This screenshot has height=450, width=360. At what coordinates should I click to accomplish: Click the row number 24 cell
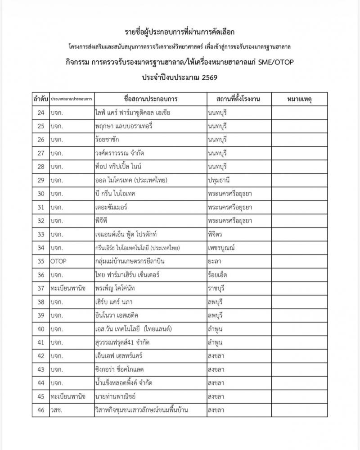click(40, 112)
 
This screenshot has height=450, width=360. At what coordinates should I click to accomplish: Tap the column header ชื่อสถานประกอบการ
click(150, 99)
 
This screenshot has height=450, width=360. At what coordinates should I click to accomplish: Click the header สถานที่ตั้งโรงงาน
click(238, 99)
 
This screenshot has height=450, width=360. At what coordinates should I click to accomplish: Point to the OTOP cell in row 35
click(59, 260)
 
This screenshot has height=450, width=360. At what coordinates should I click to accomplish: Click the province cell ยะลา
click(214, 260)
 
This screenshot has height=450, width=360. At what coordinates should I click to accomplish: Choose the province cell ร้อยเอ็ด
click(218, 274)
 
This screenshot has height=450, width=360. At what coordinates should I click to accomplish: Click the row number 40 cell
click(40, 329)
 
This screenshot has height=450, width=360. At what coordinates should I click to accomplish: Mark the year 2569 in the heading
click(207, 77)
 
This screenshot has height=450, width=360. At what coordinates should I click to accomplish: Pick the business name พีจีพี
click(101, 220)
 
